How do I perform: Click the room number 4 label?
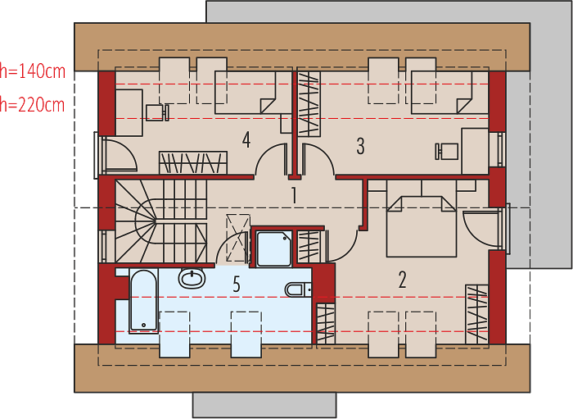(246, 140)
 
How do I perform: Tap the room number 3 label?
(360, 146)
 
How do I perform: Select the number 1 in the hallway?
(294, 195)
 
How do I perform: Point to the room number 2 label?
(402, 280)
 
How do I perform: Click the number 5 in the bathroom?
(237, 284)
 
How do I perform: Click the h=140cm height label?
(33, 71)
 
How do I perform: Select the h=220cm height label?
(33, 105)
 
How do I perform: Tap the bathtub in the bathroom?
(143, 301)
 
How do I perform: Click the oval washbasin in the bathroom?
(192, 278)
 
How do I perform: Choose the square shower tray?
(274, 248)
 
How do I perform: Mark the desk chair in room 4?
(157, 112)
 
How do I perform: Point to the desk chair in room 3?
(447, 151)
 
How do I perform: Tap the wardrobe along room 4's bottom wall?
(193, 162)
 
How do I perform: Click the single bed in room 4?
(253, 93)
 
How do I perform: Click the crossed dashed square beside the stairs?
(238, 238)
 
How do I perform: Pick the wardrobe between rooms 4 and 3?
(309, 104)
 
